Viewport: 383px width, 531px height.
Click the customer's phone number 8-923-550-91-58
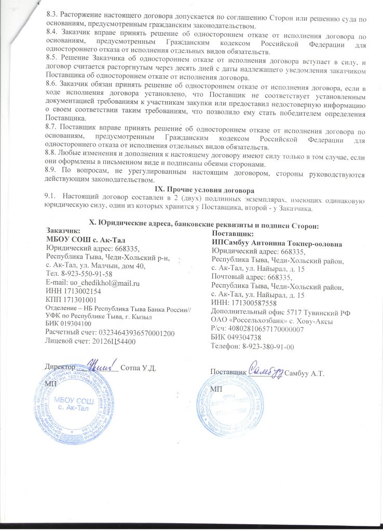coord(90,274)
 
